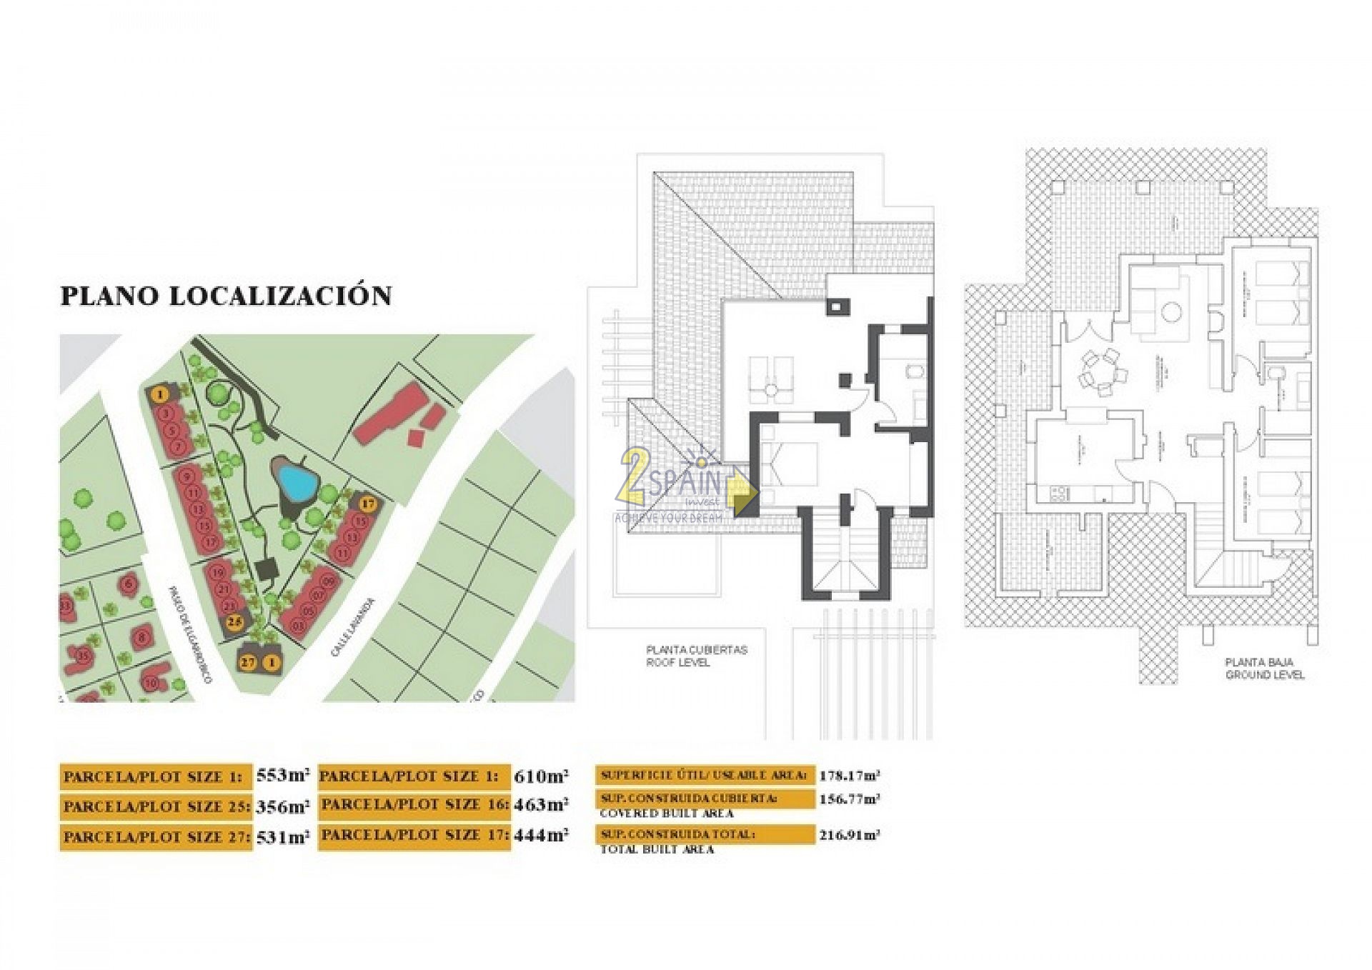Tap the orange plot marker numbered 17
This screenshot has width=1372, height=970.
tap(367, 504)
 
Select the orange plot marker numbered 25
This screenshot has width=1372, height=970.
tap(234, 622)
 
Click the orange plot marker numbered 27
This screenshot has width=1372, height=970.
tap(248, 662)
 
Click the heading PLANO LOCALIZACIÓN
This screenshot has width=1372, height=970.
tap(226, 296)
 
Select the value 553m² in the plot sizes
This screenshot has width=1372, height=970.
tap(283, 776)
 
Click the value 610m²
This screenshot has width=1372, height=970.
tap(541, 776)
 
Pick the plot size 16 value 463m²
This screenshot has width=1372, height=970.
tap(541, 806)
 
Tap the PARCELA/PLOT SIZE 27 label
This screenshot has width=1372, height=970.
tap(155, 837)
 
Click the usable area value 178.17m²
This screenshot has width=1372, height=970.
tap(849, 776)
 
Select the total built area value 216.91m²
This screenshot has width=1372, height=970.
tap(849, 835)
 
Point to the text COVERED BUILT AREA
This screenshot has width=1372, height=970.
tap(666, 814)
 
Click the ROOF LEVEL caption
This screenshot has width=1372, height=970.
tap(677, 663)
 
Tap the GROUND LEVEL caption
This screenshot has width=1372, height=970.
tap(1264, 675)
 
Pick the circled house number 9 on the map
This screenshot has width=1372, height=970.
tap(187, 477)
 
